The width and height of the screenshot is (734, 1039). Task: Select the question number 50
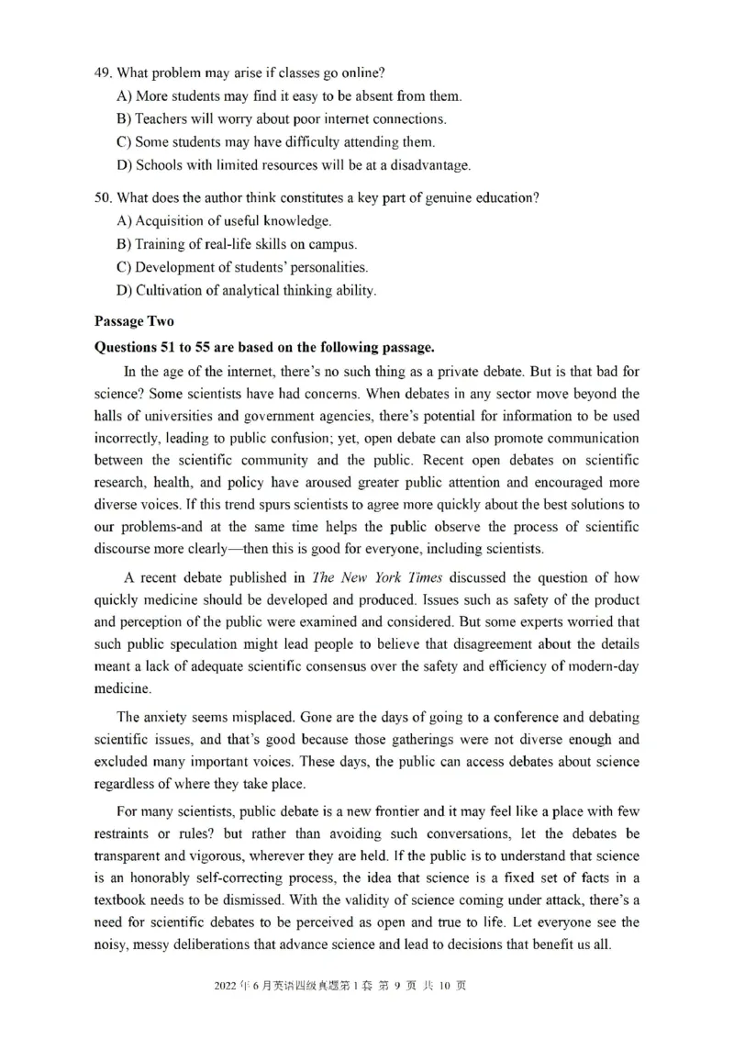[102, 197]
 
